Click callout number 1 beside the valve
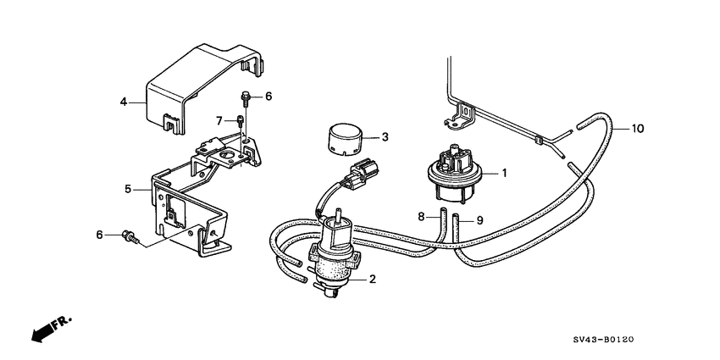pyautogui.click(x=504, y=173)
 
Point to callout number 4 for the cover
pyautogui.click(x=124, y=101)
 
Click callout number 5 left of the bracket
pyautogui.click(x=128, y=189)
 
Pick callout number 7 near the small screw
pyautogui.click(x=219, y=121)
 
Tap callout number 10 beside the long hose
pyautogui.click(x=638, y=129)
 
